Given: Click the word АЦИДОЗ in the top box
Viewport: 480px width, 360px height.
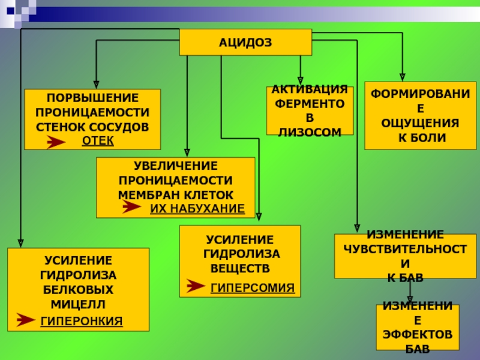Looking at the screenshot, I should (x=245, y=43).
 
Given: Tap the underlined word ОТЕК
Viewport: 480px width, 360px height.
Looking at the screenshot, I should (x=97, y=140).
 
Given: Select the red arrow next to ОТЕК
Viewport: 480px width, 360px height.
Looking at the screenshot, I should (x=56, y=142).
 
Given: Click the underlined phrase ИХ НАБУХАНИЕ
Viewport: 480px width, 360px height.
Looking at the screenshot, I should (x=197, y=208).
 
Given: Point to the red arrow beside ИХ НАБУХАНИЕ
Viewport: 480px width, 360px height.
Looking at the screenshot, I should (x=131, y=208).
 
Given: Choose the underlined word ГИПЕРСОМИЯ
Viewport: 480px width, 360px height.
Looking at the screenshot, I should (x=253, y=288).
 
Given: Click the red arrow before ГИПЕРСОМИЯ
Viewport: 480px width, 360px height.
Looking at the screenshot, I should (x=196, y=286).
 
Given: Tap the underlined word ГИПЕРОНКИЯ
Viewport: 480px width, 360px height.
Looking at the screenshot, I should (x=82, y=321).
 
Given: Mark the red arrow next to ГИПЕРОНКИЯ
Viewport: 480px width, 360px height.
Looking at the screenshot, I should (x=25, y=320).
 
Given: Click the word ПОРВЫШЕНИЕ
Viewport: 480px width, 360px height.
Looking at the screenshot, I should (x=92, y=98).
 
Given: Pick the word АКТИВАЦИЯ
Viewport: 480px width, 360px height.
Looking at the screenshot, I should (x=310, y=89).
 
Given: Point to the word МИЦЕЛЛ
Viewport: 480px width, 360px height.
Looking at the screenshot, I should (x=79, y=304).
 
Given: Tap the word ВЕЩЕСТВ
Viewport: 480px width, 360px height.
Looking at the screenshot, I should (x=240, y=267).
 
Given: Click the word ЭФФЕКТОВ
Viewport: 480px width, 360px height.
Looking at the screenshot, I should (x=418, y=334).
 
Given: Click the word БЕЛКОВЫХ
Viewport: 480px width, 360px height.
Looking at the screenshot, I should (x=79, y=289).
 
